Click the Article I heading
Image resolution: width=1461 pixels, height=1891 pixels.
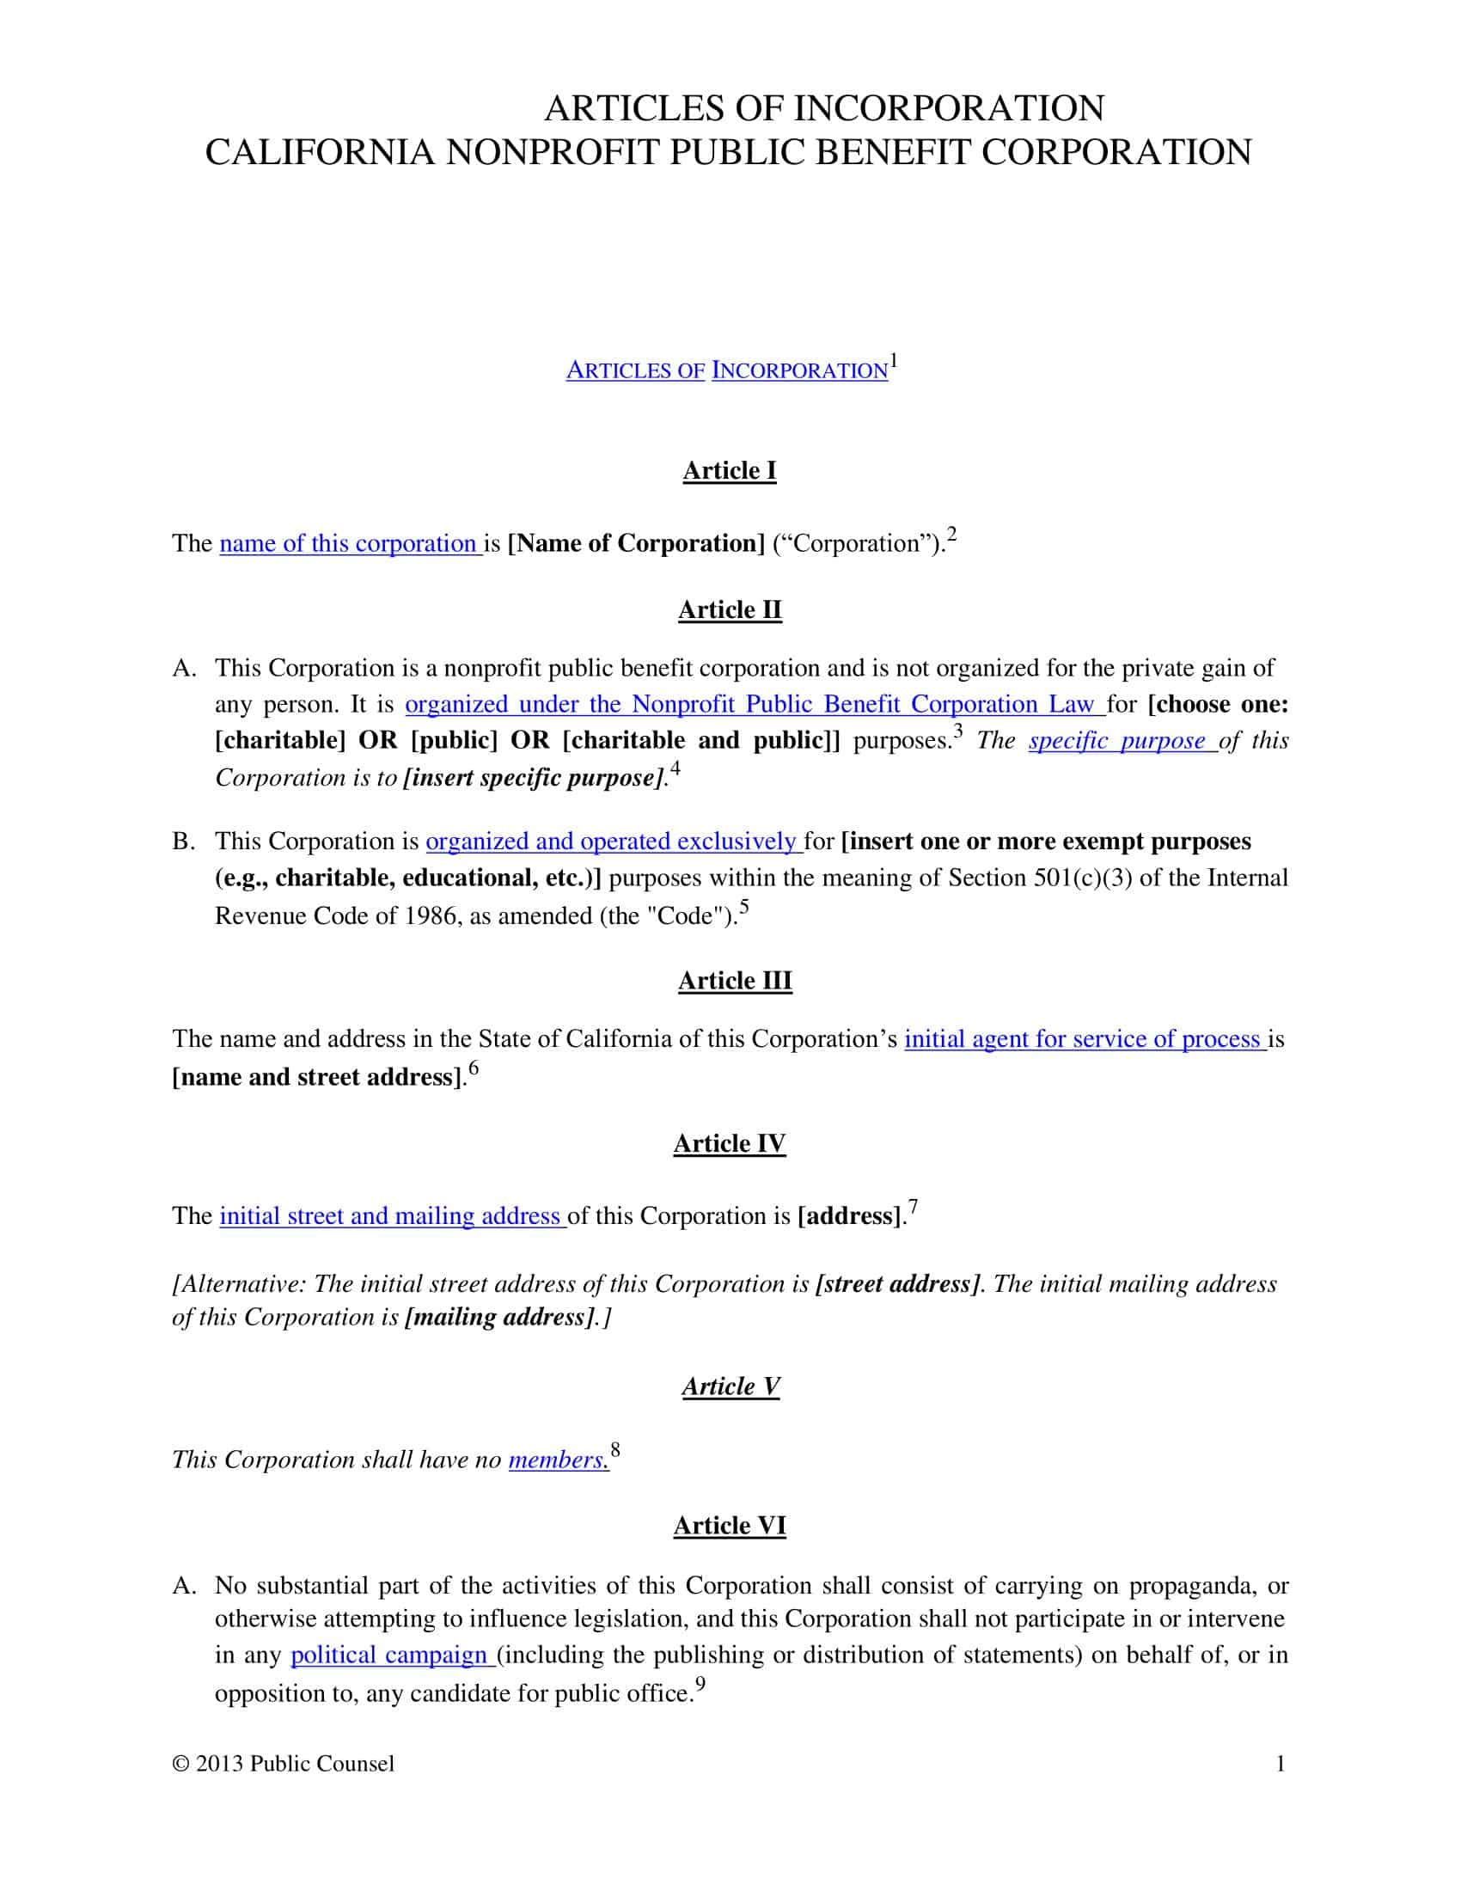pos(729,470)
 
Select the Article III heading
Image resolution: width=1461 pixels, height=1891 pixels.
pos(734,980)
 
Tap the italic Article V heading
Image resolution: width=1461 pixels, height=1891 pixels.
pos(730,1386)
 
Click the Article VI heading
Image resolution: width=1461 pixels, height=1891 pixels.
pos(729,1525)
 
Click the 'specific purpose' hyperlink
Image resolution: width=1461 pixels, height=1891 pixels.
pos(1121,740)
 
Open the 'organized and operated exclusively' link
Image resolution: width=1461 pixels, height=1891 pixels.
pos(613,841)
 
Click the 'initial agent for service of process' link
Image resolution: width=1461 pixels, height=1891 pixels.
pos(1084,1038)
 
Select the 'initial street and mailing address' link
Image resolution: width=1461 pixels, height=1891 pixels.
pos(391,1215)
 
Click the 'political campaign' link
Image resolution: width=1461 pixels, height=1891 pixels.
pos(391,1655)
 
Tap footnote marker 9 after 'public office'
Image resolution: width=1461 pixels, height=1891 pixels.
pos(700,1683)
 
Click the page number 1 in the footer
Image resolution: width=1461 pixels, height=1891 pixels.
pos(1281,1764)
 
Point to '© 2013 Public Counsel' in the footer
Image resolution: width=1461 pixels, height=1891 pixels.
pos(283,1764)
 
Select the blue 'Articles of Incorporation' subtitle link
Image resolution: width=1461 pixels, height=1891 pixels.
pos(726,370)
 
